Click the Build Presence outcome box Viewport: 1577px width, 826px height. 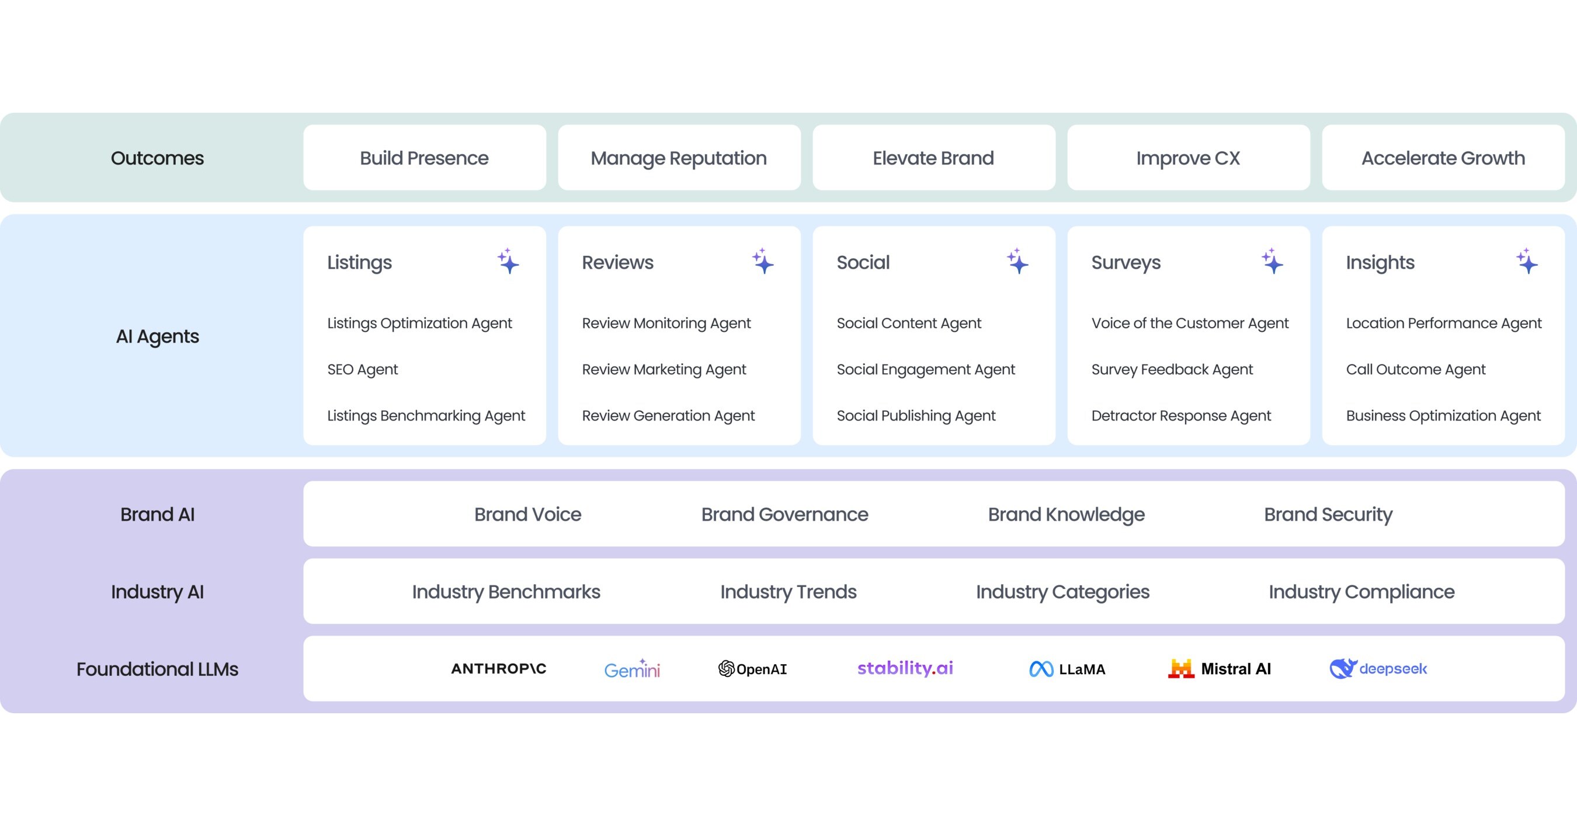click(x=424, y=157)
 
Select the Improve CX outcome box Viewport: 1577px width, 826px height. click(x=1188, y=157)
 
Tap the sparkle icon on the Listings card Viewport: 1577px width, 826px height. click(x=508, y=262)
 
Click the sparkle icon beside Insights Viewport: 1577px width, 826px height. click(x=1527, y=262)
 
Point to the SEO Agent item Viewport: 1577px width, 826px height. click(x=362, y=369)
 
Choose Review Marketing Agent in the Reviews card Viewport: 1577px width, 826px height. click(x=664, y=369)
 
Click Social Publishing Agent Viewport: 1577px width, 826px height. click(x=916, y=416)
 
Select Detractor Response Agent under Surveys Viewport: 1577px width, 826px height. click(x=1181, y=416)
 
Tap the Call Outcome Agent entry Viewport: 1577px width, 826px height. click(x=1415, y=369)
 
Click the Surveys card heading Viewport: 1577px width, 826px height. click(x=1126, y=263)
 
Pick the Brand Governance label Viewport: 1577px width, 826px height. click(x=785, y=514)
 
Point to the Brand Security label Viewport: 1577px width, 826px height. click(x=1328, y=514)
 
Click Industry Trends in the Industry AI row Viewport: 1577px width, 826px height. click(x=788, y=592)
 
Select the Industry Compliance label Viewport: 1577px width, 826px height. click(x=1361, y=592)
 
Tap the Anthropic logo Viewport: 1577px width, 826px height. click(x=498, y=669)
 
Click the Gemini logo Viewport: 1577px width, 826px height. click(x=633, y=669)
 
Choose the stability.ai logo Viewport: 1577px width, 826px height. click(x=905, y=668)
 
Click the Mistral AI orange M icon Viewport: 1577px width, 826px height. click(x=1181, y=669)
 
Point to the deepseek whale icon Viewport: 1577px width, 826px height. click(x=1343, y=669)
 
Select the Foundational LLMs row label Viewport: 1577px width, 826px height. click(x=157, y=669)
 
